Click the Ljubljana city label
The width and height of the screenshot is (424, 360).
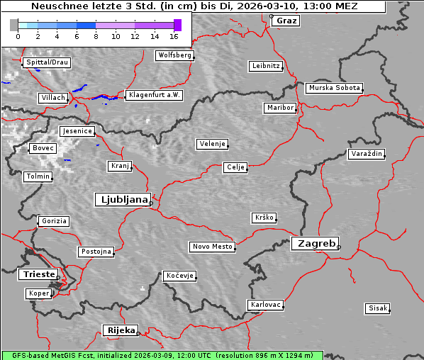(122, 200)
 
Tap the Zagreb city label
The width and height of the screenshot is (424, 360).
(315, 243)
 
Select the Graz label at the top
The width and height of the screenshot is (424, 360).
(286, 21)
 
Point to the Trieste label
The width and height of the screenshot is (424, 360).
(37, 274)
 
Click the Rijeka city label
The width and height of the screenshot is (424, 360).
(121, 330)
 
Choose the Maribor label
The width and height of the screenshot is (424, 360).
(279, 108)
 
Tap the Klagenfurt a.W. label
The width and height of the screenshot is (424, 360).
(154, 95)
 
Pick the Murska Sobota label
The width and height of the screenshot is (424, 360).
(334, 89)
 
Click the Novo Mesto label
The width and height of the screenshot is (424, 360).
(212, 247)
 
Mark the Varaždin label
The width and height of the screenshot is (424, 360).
(367, 154)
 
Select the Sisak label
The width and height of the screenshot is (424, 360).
(377, 308)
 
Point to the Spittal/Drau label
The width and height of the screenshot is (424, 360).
(47, 62)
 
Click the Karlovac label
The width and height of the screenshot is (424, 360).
(266, 305)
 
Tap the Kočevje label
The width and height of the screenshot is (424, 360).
(179, 275)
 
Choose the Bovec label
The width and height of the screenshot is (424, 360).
(43, 148)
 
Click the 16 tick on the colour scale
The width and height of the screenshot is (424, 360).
(174, 35)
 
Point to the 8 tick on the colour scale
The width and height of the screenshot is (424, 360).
(96, 35)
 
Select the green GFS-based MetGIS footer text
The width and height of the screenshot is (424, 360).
(162, 355)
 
